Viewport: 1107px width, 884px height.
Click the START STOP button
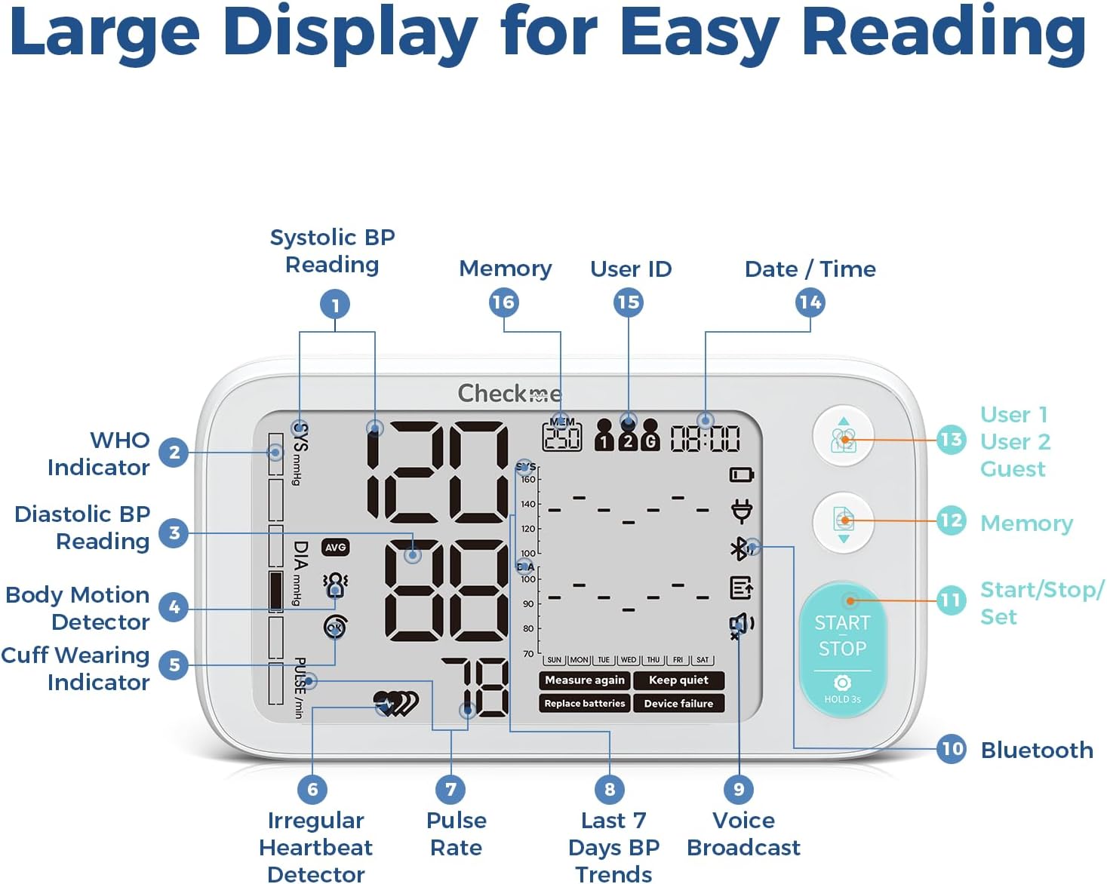(842, 648)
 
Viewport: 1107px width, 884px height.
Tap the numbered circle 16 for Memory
(503, 302)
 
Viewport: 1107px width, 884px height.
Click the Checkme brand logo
(509, 393)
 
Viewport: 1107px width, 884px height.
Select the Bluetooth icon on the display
(740, 548)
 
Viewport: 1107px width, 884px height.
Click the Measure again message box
(585, 680)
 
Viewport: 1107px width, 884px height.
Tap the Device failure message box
(678, 704)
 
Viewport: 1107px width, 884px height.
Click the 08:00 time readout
(705, 438)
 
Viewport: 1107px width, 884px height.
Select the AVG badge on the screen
(335, 548)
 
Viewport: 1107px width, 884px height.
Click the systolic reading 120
(438, 473)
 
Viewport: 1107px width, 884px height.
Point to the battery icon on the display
(742, 474)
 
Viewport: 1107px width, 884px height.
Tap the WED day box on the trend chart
(629, 660)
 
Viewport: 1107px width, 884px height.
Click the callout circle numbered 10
(952, 749)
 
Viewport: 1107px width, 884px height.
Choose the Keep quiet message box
(678, 680)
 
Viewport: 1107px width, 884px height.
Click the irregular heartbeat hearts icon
(395, 703)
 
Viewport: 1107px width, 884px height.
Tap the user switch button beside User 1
(843, 437)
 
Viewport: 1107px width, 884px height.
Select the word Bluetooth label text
(1037, 750)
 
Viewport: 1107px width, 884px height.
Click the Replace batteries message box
(585, 704)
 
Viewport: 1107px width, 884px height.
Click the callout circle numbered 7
(450, 790)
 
